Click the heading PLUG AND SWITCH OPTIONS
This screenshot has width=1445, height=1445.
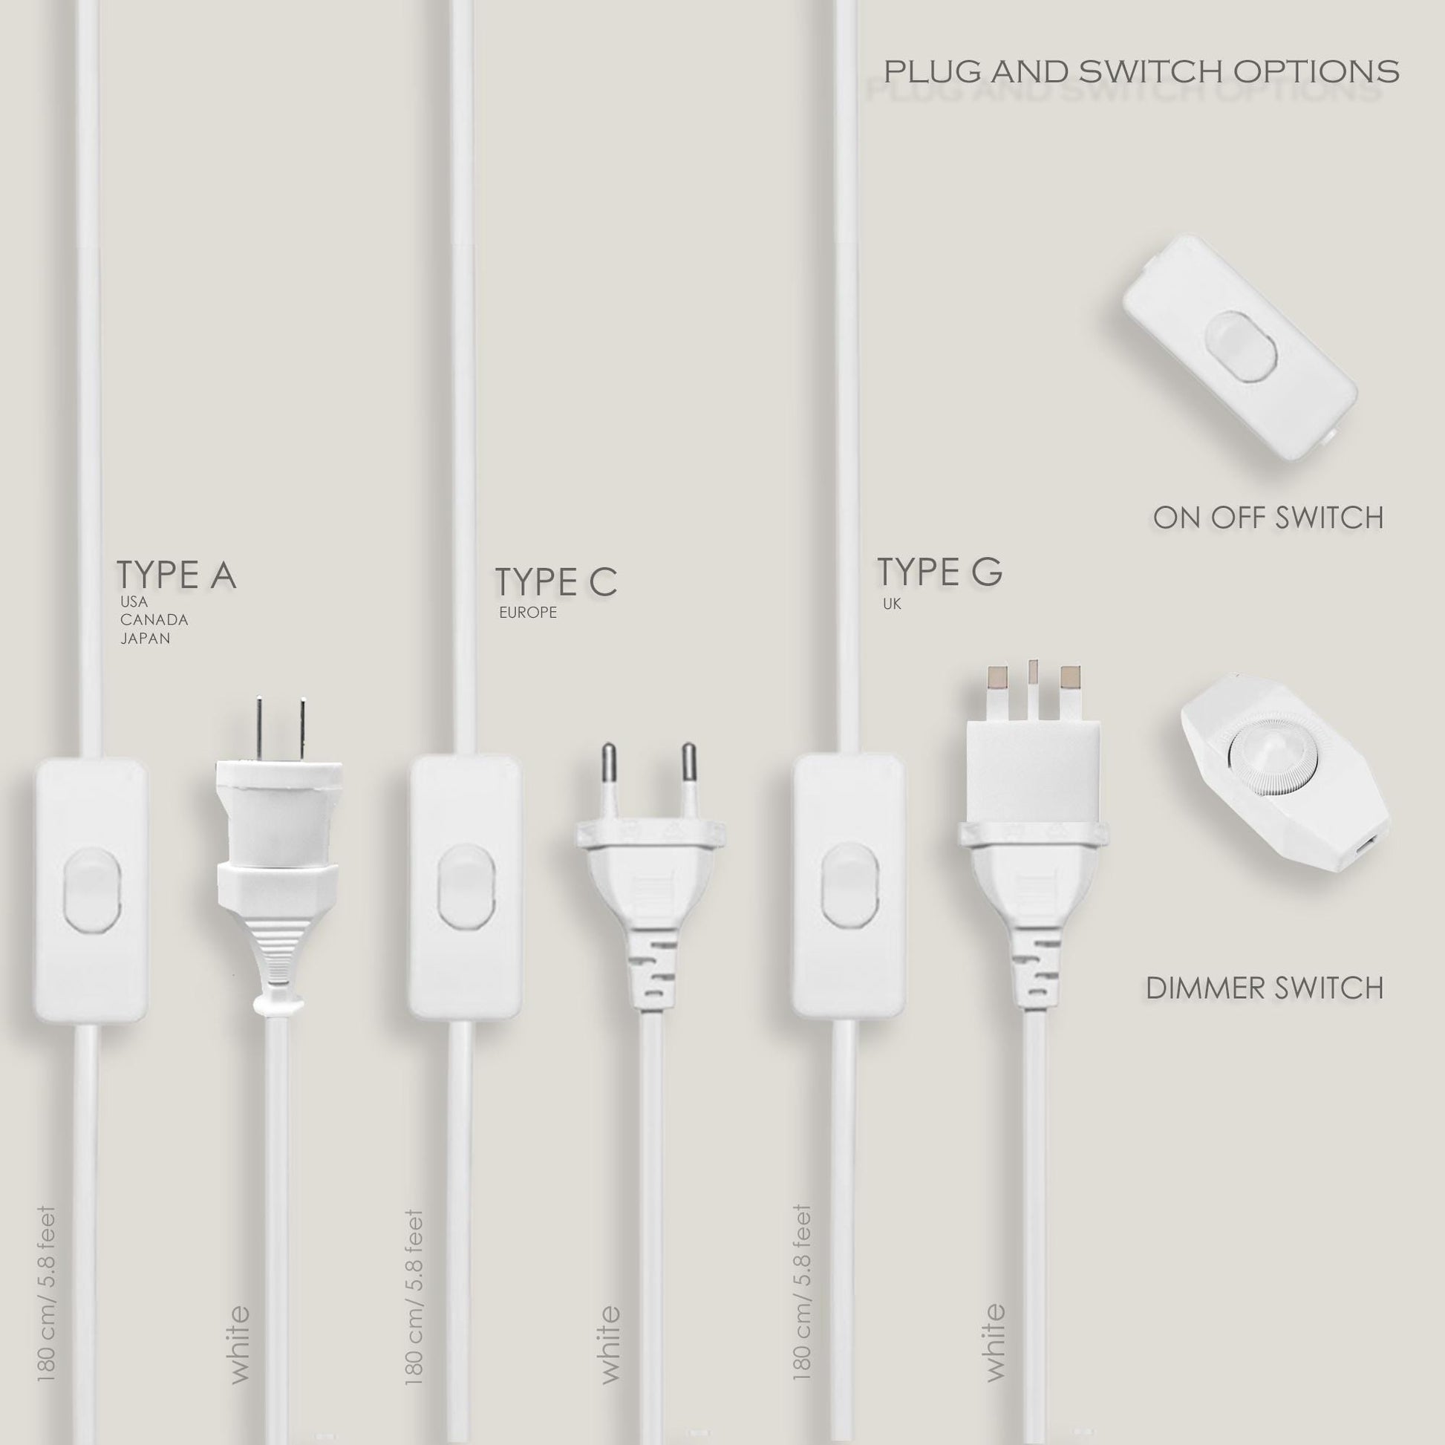1141,72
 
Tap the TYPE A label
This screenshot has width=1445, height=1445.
177,575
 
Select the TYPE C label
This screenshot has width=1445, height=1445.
555,583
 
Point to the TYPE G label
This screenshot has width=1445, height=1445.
939,573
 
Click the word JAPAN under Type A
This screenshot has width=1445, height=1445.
145,638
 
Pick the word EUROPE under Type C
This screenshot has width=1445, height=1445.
528,613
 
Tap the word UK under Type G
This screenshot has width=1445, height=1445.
892,604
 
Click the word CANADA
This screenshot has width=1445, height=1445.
154,620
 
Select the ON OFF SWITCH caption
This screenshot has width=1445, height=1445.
1268,518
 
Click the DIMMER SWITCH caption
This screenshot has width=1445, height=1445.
1265,989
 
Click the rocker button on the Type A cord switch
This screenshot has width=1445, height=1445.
92,888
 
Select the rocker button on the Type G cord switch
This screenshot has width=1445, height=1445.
849,885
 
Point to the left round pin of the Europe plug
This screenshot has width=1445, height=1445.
610,783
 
